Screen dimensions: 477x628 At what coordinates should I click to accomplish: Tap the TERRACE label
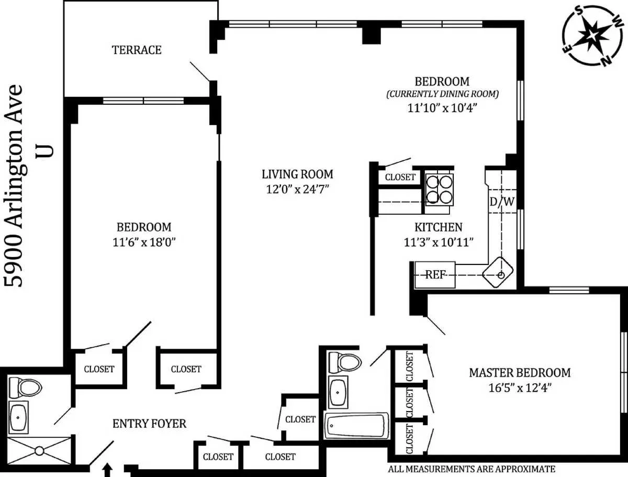137,50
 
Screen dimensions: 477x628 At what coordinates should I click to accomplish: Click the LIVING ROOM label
297,174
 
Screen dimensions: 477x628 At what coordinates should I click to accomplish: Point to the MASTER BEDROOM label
519,373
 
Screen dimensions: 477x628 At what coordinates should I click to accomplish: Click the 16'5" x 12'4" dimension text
519,388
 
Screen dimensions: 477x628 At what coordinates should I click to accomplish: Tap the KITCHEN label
438,227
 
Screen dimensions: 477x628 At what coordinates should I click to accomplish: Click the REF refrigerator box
435,275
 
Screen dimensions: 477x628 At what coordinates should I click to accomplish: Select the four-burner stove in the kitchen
439,189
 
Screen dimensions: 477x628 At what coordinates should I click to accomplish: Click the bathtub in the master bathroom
356,426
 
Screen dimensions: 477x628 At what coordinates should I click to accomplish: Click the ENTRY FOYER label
149,423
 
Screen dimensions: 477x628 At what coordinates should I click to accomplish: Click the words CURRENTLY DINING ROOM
442,95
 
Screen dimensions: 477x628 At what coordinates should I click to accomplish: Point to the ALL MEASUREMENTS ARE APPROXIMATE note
471,469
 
